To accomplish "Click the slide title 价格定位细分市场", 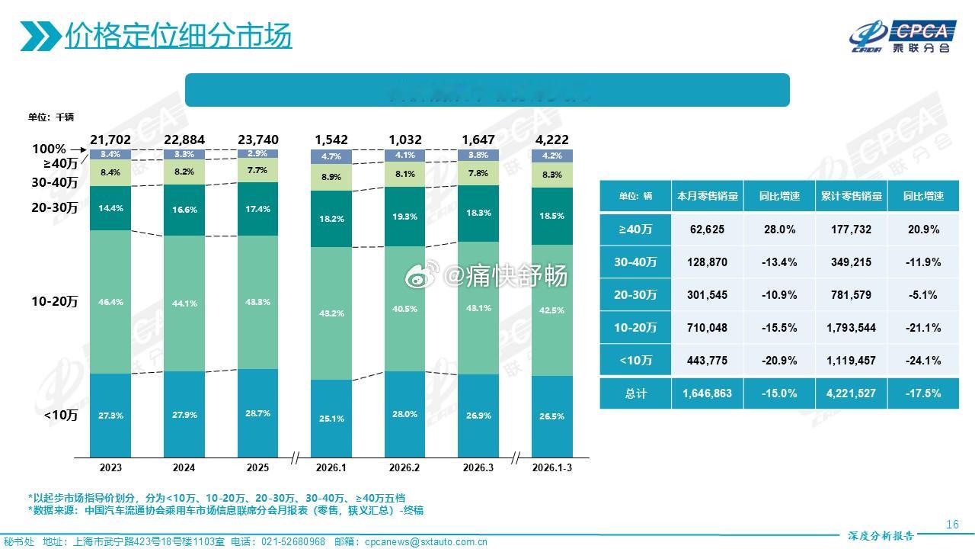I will pos(177,35).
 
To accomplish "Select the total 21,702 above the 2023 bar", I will pos(110,140).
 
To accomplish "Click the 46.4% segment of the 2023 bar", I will pos(110,302).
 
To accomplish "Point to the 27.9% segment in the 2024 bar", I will pos(184,415).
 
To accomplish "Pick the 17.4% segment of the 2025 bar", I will pos(257,209).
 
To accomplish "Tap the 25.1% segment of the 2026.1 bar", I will pos(331,419).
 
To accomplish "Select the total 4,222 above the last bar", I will pos(552,140).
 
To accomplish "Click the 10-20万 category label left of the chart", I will pos(54,302).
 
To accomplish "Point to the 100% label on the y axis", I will pos(49,149).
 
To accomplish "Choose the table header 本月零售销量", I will pos(707,196).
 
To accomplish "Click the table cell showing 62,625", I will pos(707,229).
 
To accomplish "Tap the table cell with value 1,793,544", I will pos(852,328).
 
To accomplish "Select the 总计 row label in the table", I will pos(635,393).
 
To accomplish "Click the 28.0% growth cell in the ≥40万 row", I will pos(779,229).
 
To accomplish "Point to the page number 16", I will pos(952,524).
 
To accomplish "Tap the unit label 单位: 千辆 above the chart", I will pos(51,117).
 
